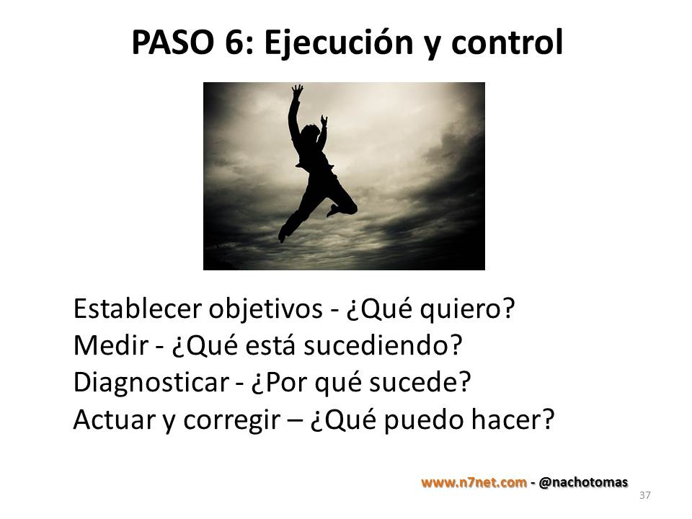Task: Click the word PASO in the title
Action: [172, 43]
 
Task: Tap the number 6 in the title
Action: [235, 43]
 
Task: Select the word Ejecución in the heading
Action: [338, 43]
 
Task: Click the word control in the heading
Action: [507, 42]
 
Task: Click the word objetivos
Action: [266, 309]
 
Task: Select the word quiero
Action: [462, 310]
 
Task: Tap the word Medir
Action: [111, 345]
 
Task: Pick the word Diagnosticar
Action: [151, 383]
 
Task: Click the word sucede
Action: [420, 382]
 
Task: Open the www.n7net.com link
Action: [474, 482]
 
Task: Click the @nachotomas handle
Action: [583, 482]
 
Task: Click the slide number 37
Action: [644, 495]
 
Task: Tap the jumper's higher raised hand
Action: [297, 91]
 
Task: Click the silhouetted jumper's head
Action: [310, 133]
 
